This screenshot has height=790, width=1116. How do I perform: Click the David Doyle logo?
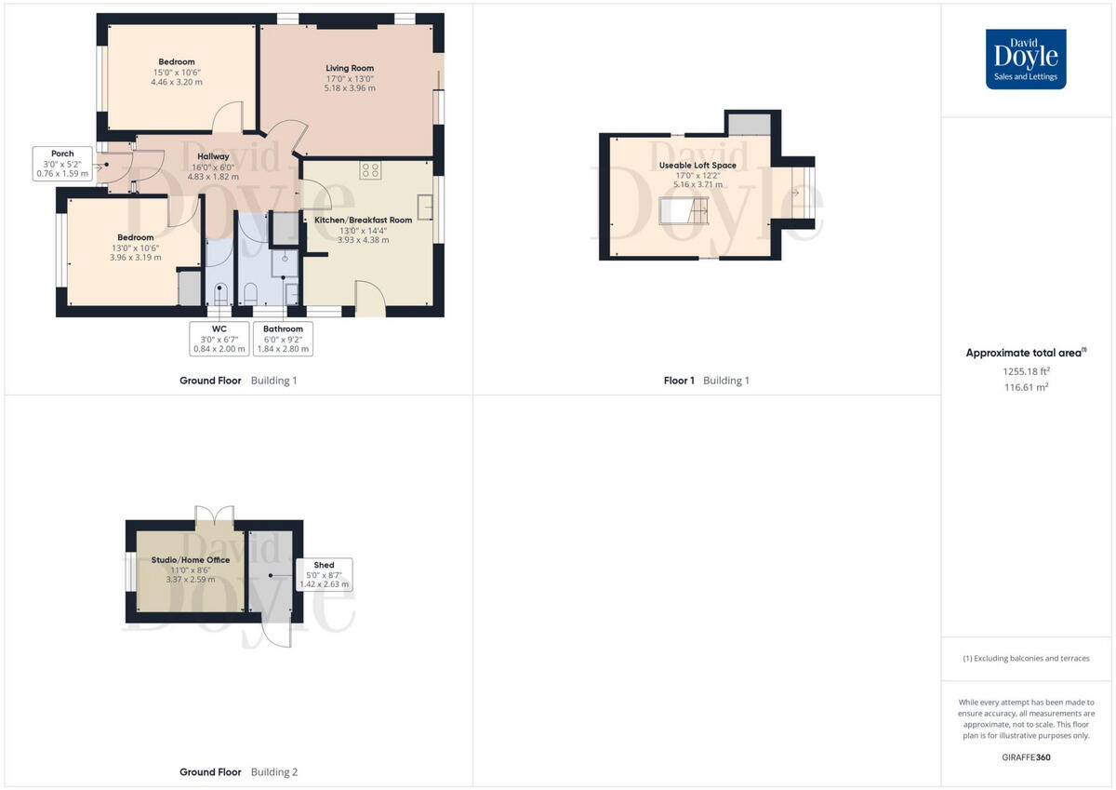tap(1026, 59)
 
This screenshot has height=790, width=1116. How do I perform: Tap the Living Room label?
tap(350, 68)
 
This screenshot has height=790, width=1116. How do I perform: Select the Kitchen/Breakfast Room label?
tap(363, 220)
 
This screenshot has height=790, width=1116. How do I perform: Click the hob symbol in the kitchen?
tap(370, 170)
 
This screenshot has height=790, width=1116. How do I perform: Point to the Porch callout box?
tap(63, 163)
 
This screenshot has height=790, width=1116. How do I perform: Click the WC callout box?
tap(219, 339)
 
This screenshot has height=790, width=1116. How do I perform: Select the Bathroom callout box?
tap(283, 339)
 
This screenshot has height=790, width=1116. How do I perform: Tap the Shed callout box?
tap(324, 575)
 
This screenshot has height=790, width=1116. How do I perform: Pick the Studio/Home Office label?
tap(191, 560)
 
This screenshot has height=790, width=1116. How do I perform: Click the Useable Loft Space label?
tap(697, 165)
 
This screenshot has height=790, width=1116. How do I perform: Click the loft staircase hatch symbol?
tap(684, 212)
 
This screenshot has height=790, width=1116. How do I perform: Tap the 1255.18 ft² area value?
tap(1025, 370)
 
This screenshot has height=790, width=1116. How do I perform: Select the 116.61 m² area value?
tap(1025, 386)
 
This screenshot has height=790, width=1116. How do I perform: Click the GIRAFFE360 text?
tap(1025, 757)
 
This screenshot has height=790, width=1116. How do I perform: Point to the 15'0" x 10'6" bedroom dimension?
tap(177, 72)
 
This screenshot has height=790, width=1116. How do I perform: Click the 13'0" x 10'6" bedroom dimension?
tap(136, 247)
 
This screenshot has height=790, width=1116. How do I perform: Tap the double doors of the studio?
tap(214, 515)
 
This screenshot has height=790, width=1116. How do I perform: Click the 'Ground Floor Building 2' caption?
tap(238, 772)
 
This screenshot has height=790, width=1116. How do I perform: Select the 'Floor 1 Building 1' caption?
tap(706, 381)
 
